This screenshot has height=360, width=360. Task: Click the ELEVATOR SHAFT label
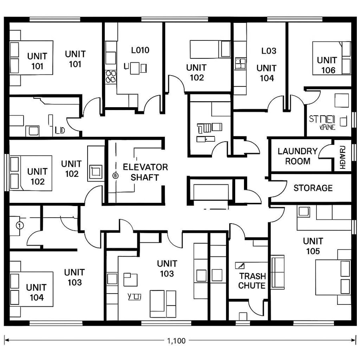pyautogui.click(x=145, y=172)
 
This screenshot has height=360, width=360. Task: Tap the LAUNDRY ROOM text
pyautogui.click(x=298, y=156)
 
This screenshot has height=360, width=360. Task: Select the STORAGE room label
pyautogui.click(x=313, y=188)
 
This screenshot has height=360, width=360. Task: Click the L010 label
pyautogui.click(x=140, y=50)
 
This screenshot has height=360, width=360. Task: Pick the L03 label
pyautogui.click(x=268, y=51)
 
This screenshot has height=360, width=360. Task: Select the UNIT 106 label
pyautogui.click(x=327, y=65)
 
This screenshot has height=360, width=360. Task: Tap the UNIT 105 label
pyautogui.click(x=313, y=246)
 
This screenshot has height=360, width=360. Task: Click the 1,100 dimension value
pyautogui.click(x=176, y=341)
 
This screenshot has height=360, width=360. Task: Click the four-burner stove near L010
pyautogui.click(x=110, y=77)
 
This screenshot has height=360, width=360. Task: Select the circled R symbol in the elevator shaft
pyautogui.click(x=116, y=175)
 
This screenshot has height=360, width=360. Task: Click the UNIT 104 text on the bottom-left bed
pyautogui.click(x=36, y=292)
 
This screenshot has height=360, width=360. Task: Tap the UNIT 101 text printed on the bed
pyautogui.click(x=37, y=61)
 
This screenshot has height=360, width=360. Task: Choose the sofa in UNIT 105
pyautogui.click(x=278, y=272)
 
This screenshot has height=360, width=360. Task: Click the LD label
pyautogui.click(x=60, y=130)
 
